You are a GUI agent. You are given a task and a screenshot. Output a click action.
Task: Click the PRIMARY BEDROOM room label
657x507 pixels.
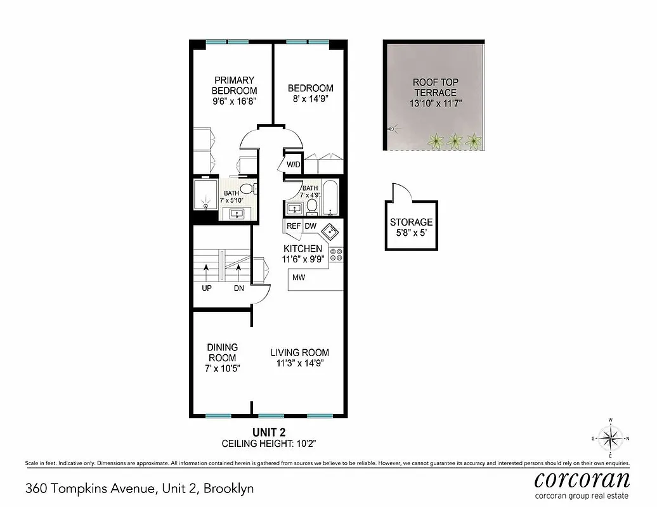(x=234, y=86)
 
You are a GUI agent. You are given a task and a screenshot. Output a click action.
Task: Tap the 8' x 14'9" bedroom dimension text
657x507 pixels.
(x=310, y=99)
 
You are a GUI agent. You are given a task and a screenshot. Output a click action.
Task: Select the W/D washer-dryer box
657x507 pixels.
(x=293, y=165)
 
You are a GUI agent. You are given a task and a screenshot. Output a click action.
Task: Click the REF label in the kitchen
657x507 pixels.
(x=294, y=226)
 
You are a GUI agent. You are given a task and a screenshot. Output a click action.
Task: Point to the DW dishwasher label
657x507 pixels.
(x=311, y=226)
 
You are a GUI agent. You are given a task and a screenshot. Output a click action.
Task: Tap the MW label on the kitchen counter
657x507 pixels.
(x=298, y=277)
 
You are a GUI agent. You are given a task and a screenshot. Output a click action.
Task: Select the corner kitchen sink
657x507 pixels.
(x=331, y=230)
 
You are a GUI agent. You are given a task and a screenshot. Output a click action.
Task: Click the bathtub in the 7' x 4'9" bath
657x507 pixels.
(x=331, y=198)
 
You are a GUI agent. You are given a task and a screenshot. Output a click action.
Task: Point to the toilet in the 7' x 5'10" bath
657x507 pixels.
(x=247, y=188)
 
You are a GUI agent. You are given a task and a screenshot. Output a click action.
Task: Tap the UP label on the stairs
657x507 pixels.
(x=207, y=288)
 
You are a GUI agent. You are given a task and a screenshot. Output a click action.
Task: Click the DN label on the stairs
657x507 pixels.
(x=238, y=288)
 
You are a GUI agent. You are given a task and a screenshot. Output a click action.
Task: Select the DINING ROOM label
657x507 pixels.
(x=223, y=352)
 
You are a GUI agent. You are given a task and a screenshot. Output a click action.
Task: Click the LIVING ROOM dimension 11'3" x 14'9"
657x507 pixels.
(x=300, y=364)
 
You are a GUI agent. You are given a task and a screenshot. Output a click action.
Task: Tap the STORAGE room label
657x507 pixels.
(x=412, y=222)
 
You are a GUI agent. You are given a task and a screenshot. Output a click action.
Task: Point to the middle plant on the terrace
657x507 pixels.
(x=455, y=141)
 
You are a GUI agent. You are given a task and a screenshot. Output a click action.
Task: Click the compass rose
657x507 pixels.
(x=610, y=438)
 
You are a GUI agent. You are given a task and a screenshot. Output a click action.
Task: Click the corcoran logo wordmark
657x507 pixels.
(x=582, y=478)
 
